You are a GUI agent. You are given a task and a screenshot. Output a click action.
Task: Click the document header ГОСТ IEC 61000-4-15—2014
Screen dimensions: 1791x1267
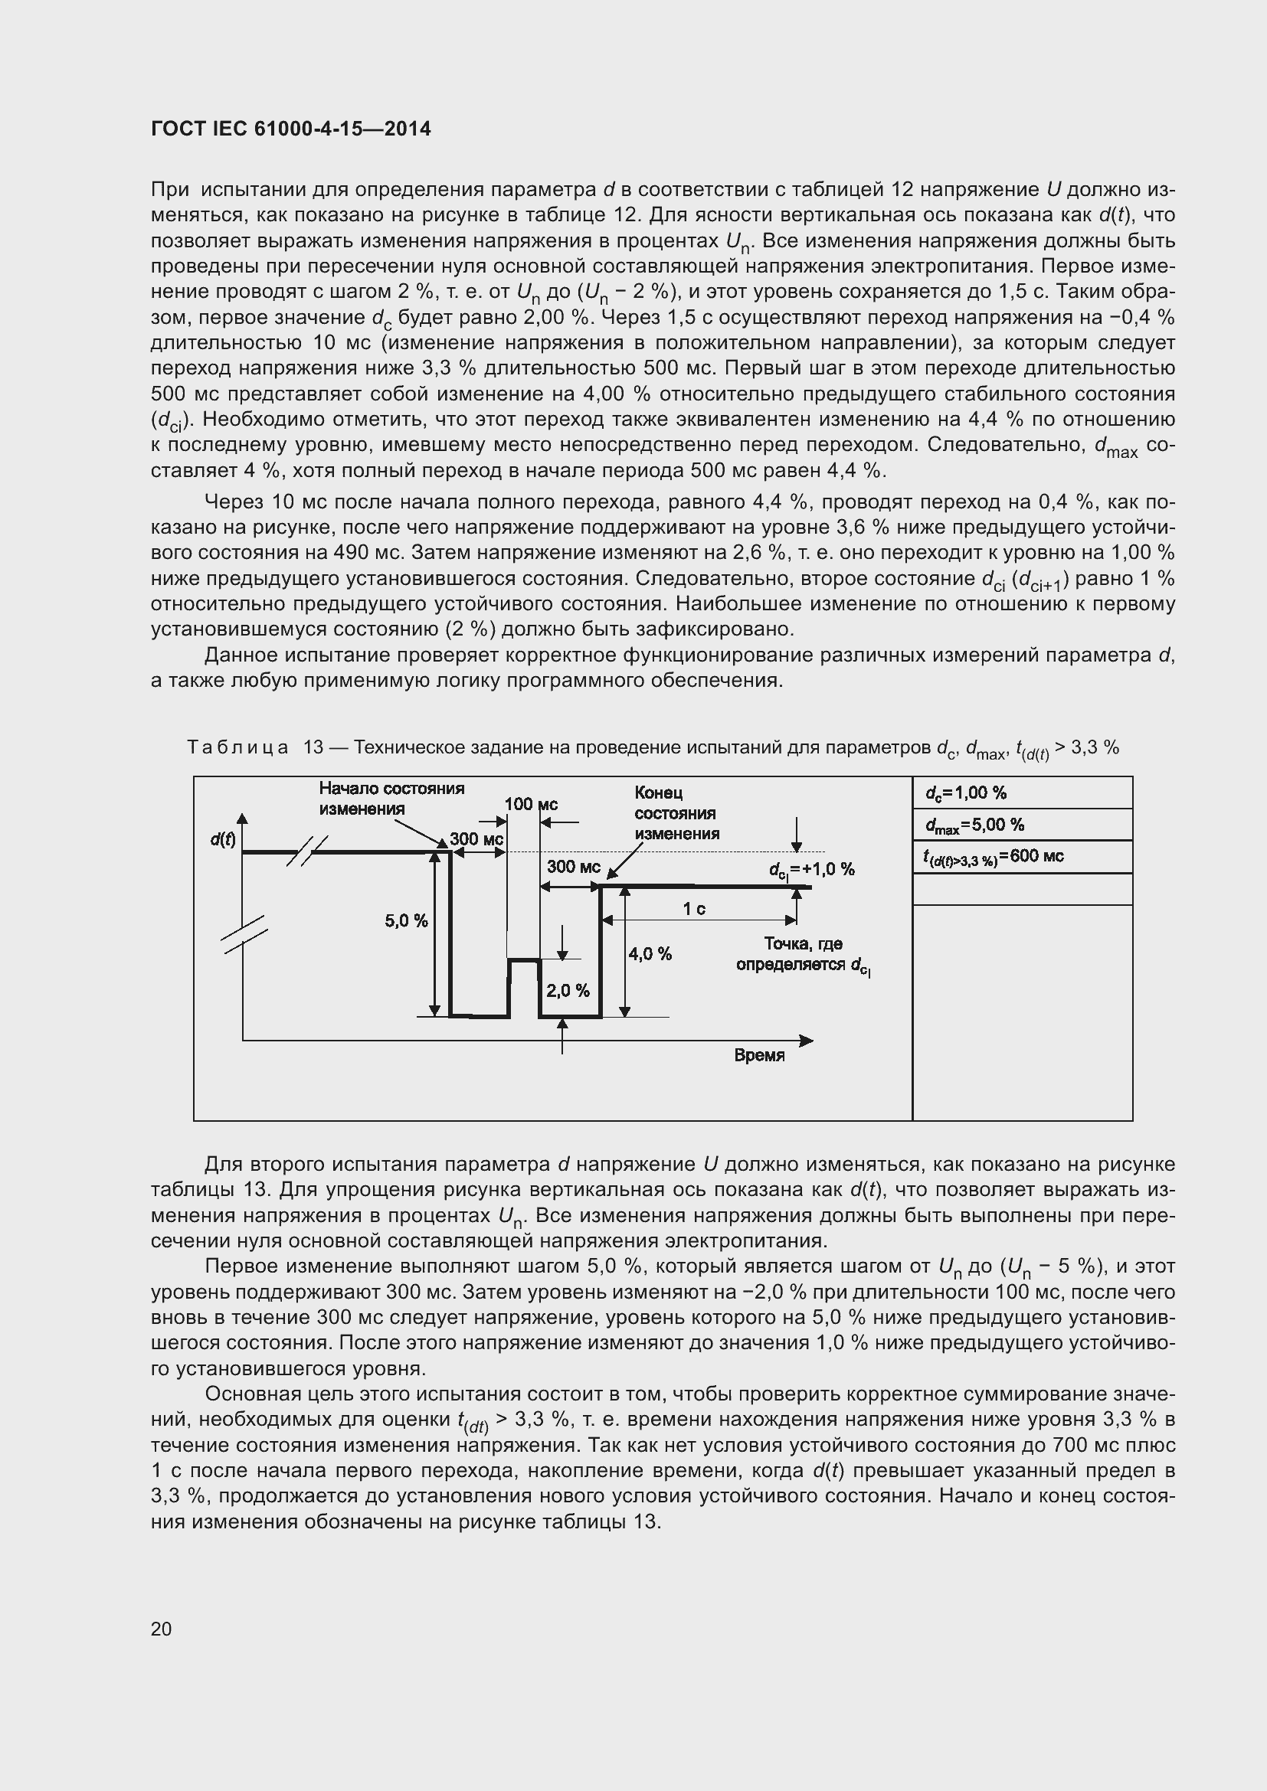[290, 129]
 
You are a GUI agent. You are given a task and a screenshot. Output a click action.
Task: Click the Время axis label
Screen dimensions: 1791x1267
[759, 1055]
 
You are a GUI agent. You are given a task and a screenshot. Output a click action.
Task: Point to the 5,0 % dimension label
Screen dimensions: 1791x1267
[406, 920]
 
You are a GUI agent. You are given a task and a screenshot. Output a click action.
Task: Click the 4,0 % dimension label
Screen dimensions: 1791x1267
[650, 953]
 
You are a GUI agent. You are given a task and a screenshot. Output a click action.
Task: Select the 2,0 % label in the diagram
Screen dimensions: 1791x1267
[567, 991]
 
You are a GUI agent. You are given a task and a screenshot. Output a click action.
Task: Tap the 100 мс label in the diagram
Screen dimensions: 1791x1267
[531, 804]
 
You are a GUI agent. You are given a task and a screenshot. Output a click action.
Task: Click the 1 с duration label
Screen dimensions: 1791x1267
[693, 909]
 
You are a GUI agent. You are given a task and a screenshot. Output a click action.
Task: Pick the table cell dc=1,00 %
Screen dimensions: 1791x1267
[966, 793]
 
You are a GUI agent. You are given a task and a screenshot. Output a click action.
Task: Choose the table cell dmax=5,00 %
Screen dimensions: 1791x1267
[974, 825]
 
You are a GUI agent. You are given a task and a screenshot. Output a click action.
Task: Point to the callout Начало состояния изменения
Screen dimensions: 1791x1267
[391, 798]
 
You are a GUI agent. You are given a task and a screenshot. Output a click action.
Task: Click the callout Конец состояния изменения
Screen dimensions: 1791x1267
[676, 813]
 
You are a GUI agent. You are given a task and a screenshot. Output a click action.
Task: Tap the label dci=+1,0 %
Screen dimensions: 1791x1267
[811, 870]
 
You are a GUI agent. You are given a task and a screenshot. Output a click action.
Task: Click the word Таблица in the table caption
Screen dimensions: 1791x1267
[237, 747]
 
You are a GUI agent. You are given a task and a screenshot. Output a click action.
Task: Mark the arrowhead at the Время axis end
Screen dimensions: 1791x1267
[807, 1041]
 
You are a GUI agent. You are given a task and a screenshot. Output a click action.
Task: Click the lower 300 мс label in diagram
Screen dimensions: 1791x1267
[573, 867]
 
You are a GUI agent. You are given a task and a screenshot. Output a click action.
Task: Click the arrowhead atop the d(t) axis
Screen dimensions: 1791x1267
[243, 819]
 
